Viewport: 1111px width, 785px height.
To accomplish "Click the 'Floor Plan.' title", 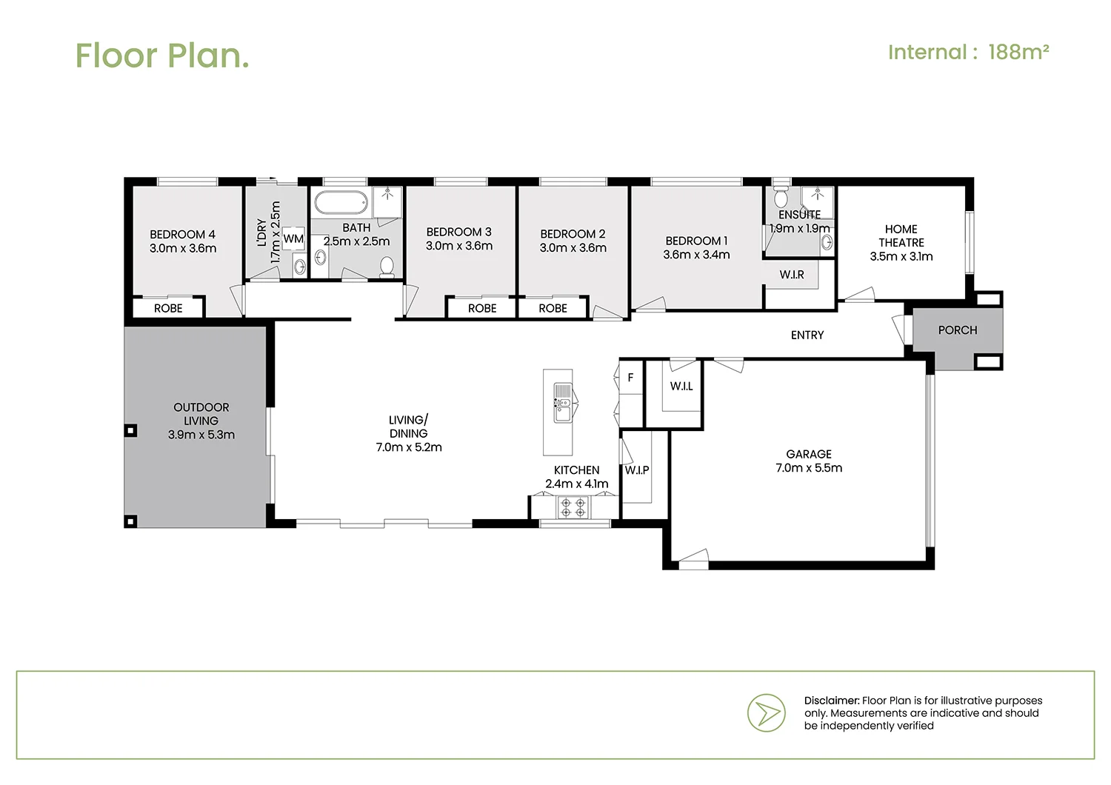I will click(161, 56).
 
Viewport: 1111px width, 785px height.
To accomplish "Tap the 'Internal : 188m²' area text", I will click(968, 53).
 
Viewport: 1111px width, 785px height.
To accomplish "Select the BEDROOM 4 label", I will click(182, 235).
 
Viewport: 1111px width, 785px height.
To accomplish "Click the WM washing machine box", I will click(293, 239).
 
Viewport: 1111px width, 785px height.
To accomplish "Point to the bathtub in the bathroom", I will click(341, 202).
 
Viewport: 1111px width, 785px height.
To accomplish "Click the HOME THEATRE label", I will click(901, 236).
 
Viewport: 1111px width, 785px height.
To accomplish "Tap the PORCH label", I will click(957, 330).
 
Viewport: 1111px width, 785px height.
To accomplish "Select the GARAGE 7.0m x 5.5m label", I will click(808, 461).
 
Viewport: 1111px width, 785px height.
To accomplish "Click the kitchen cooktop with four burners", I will click(573, 507).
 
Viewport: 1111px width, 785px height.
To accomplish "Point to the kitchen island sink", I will click(562, 404).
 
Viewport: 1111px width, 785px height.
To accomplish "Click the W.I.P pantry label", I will click(636, 470).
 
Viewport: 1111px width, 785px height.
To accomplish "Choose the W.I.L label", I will click(681, 386).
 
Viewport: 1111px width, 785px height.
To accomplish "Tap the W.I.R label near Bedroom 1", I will click(791, 275).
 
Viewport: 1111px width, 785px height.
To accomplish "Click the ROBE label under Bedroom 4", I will click(168, 308).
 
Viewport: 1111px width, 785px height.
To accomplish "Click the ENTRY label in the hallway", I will click(807, 335).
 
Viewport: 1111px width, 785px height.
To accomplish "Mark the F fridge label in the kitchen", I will click(630, 378).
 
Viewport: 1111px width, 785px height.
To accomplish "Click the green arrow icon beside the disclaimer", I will click(766, 713).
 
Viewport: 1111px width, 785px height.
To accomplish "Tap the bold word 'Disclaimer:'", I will click(831, 701).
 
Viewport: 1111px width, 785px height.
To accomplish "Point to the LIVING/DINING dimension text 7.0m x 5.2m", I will click(409, 447).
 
